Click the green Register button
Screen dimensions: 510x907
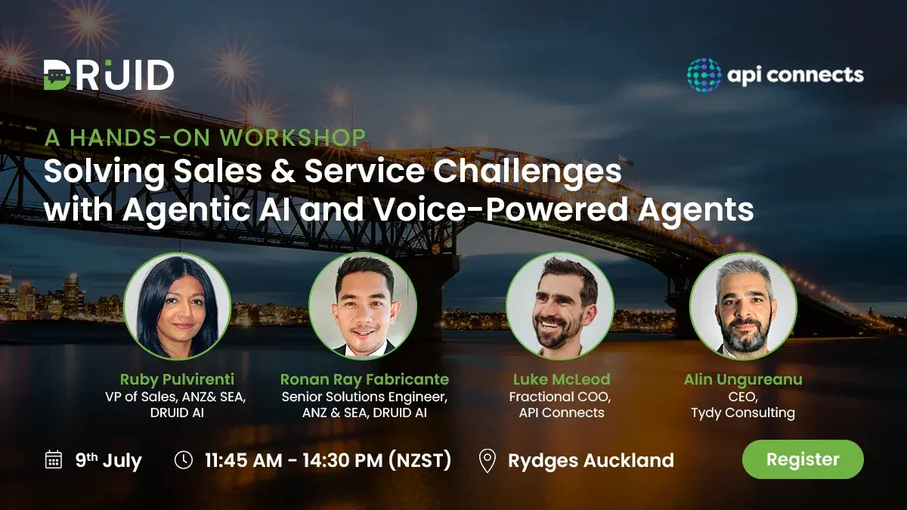click(803, 459)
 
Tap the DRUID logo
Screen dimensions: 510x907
click(109, 75)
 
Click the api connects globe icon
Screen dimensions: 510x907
click(704, 75)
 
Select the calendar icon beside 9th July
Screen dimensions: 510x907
click(54, 459)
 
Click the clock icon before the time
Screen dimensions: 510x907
click(184, 459)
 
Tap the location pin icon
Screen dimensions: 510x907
click(488, 460)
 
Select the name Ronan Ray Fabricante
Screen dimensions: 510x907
click(364, 379)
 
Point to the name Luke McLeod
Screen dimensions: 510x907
click(561, 379)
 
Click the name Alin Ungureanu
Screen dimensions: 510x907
click(743, 379)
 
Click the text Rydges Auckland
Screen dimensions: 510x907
click(590, 460)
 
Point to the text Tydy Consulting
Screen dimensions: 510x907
click(743, 413)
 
